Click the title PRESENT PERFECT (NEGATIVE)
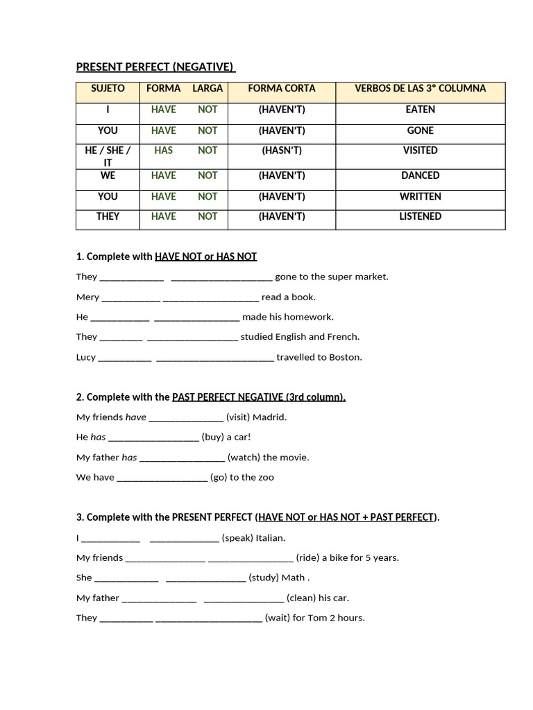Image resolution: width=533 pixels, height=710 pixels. click(155, 67)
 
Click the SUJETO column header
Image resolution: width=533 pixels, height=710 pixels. click(108, 89)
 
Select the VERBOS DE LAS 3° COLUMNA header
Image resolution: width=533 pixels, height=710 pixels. click(420, 89)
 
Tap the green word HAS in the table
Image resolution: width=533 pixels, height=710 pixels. click(164, 150)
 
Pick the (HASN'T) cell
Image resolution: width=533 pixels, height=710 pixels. click(282, 150)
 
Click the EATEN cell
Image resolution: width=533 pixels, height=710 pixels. click(420, 110)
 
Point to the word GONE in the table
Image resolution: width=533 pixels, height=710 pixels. click(420, 130)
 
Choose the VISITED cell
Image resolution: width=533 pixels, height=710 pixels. click(420, 150)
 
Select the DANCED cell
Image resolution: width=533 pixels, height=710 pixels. click(420, 176)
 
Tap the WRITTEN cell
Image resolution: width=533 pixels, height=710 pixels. click(420, 197)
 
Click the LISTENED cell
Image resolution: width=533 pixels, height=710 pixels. click(420, 216)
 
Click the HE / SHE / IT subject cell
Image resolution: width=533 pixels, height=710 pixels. click(108, 156)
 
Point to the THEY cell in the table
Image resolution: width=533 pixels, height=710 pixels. click(108, 216)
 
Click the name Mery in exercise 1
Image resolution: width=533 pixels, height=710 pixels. click(87, 297)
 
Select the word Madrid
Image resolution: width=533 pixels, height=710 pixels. click(269, 417)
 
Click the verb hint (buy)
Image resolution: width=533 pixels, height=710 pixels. click(212, 438)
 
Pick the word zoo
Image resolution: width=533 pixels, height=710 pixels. click(266, 478)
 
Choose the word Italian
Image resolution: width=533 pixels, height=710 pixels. click(270, 538)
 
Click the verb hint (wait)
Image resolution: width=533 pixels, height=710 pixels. click(277, 618)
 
